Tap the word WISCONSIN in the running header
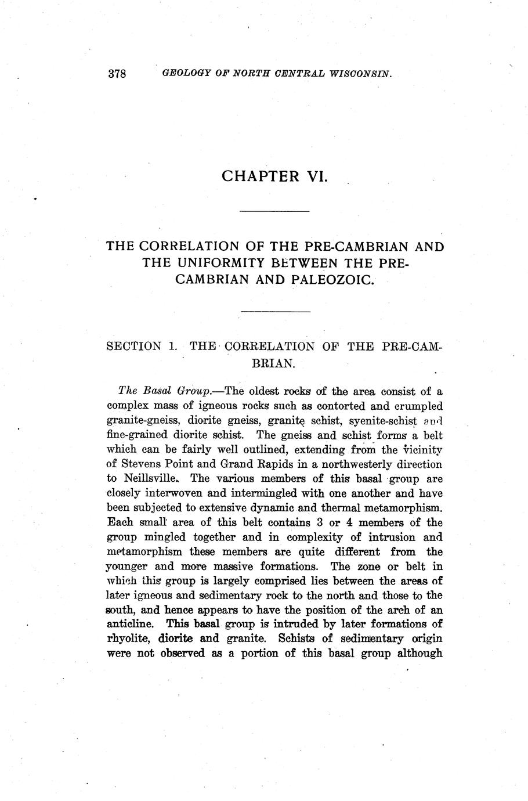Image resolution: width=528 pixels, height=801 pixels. point(355,74)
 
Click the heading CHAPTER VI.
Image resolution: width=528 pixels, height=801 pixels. point(275,176)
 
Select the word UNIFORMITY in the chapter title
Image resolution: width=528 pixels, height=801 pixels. point(200,263)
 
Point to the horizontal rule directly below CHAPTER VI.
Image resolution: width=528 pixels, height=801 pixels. point(275,211)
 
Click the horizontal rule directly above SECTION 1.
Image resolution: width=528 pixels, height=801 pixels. point(275,312)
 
